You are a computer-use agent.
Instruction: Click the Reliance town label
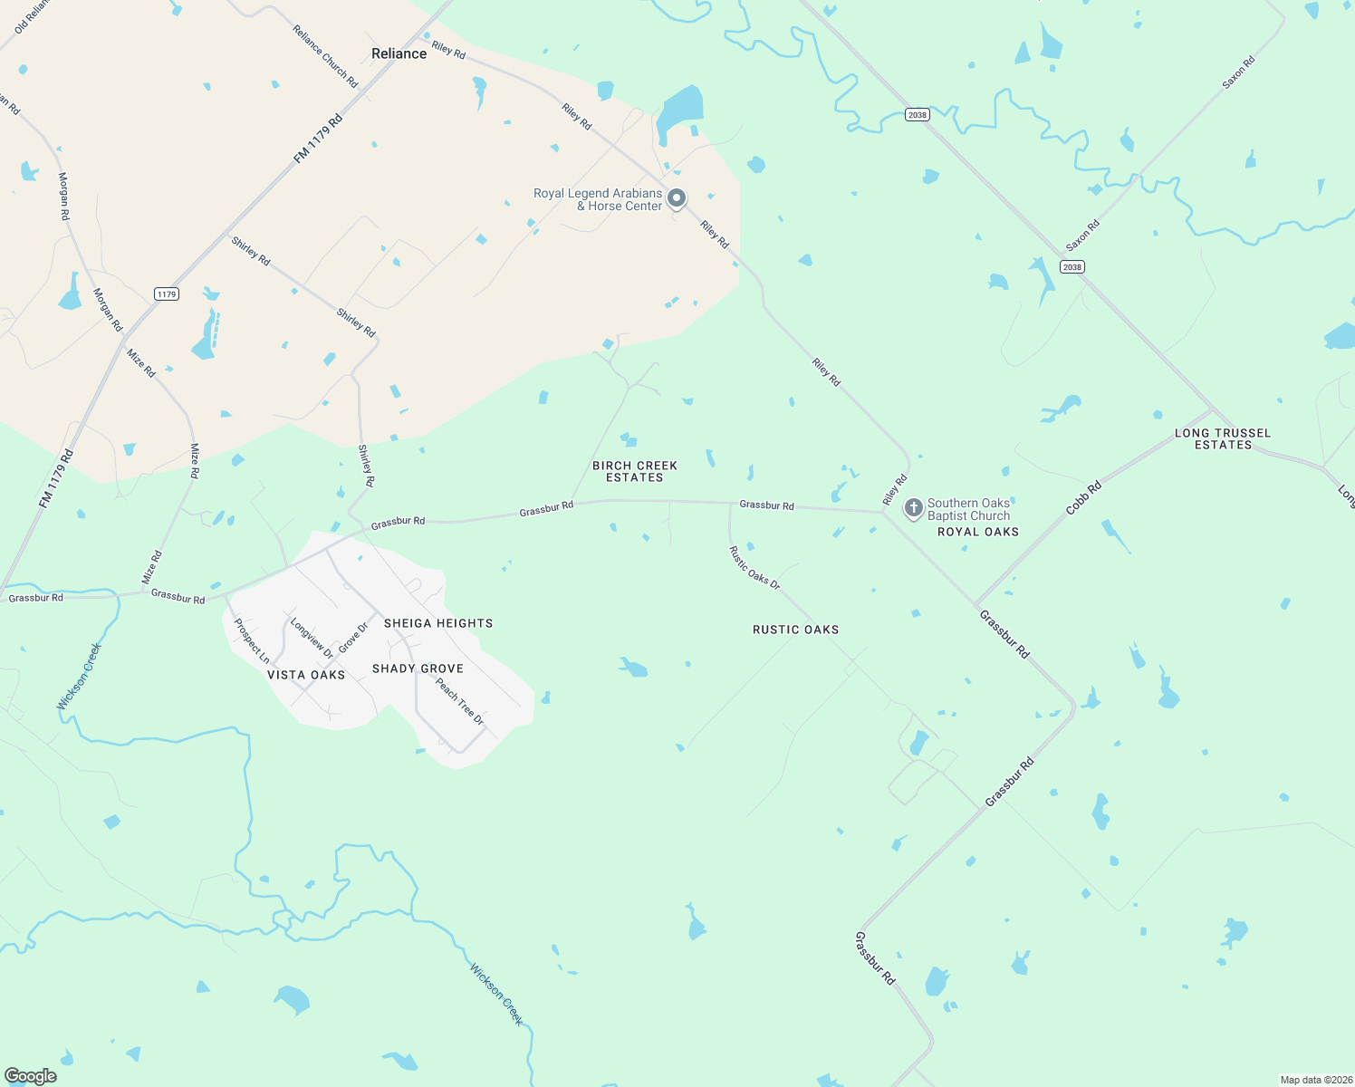pyautogui.click(x=399, y=53)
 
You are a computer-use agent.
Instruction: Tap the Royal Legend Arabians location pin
pyautogui.click(x=676, y=198)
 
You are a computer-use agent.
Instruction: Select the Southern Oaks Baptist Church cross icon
pyautogui.click(x=913, y=508)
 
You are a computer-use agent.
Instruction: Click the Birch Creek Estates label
pyautogui.click(x=635, y=471)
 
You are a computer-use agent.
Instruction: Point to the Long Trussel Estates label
pyautogui.click(x=1223, y=438)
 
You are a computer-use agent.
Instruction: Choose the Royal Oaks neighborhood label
pyautogui.click(x=978, y=532)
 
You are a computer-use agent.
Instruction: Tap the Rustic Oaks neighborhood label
pyautogui.click(x=795, y=630)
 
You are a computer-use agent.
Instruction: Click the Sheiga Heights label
pyautogui.click(x=438, y=623)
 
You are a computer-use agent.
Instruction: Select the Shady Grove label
pyautogui.click(x=418, y=669)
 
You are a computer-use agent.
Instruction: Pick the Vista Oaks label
pyautogui.click(x=306, y=675)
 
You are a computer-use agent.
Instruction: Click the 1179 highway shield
pyautogui.click(x=167, y=294)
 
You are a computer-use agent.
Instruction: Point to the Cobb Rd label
pyautogui.click(x=1083, y=498)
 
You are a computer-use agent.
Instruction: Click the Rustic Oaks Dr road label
pyautogui.click(x=754, y=568)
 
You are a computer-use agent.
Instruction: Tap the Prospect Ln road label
pyautogui.click(x=252, y=640)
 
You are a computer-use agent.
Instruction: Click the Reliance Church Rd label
pyautogui.click(x=325, y=56)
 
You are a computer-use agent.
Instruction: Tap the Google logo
pyautogui.click(x=31, y=1076)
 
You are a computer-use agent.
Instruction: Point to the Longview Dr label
pyautogui.click(x=312, y=637)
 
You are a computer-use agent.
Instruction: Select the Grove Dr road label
pyautogui.click(x=353, y=638)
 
